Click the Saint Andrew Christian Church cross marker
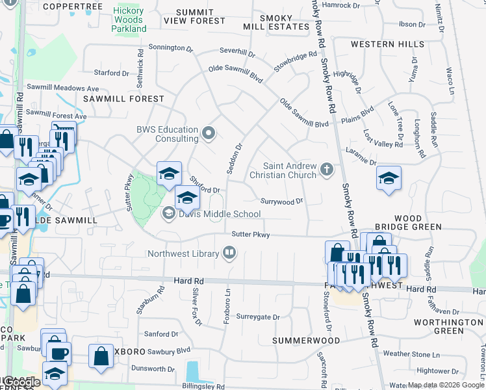(x=327, y=170)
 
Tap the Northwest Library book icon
(x=229, y=253)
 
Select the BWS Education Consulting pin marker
(x=209, y=134)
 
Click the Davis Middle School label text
(x=211, y=214)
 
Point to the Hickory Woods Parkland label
(x=129, y=19)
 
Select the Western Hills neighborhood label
(x=387, y=44)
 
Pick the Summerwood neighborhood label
(x=306, y=341)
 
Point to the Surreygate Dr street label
(x=257, y=317)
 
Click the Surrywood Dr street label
(x=282, y=201)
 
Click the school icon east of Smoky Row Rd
(x=389, y=178)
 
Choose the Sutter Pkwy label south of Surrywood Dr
(x=250, y=234)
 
